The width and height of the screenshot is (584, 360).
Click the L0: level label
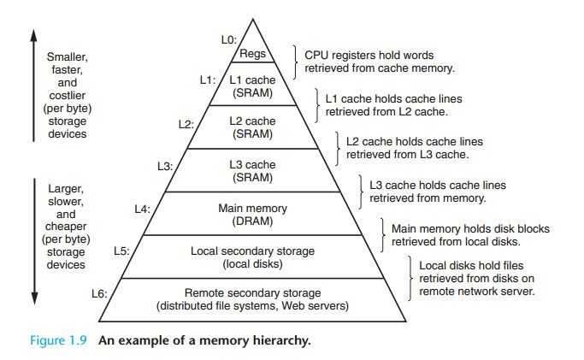tap(228, 40)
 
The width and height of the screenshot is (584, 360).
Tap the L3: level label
tap(165, 166)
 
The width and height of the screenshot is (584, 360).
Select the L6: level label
tap(99, 294)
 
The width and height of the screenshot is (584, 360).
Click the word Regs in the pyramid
tap(252, 54)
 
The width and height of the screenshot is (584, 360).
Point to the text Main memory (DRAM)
tap(252, 215)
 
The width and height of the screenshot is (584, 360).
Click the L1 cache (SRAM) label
tap(252, 86)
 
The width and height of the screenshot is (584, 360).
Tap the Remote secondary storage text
tap(252, 293)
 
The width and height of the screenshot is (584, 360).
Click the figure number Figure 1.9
tap(58, 340)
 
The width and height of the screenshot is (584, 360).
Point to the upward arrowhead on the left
tap(34, 36)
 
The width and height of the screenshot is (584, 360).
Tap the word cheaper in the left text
tap(66, 227)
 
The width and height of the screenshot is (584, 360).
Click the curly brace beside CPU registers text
tap(296, 62)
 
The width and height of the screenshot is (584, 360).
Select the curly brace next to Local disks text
tap(410, 278)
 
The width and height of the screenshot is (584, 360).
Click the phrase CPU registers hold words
tap(369, 56)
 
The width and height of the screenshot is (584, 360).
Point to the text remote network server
tap(477, 291)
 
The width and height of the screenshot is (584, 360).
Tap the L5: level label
tap(121, 251)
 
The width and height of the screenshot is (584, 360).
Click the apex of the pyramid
tap(253, 20)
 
